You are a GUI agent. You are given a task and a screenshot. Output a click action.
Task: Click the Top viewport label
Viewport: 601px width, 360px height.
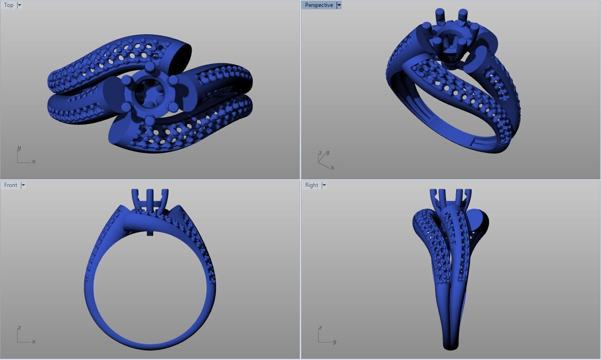tap(9, 5)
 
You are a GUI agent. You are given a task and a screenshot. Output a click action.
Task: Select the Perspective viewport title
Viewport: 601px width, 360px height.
tap(319, 5)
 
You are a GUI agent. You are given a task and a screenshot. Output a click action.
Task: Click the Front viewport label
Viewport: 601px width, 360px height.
tap(11, 185)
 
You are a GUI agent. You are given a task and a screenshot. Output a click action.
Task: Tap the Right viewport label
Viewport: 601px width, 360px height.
tap(312, 185)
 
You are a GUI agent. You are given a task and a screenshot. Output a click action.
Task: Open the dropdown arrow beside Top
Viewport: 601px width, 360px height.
tap(19, 5)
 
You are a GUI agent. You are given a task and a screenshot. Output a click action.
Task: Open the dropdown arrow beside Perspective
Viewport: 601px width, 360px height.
tap(339, 5)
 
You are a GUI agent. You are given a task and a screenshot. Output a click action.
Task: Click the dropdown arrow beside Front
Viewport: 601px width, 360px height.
tap(23, 185)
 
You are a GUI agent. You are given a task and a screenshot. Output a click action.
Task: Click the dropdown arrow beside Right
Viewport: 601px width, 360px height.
tap(324, 185)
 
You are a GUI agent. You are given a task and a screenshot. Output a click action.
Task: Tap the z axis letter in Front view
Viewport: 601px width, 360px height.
tap(19, 328)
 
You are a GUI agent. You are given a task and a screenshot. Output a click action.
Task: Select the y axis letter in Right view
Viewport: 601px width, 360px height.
tap(334, 341)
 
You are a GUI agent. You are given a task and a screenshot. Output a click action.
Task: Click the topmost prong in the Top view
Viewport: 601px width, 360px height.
tap(150, 68)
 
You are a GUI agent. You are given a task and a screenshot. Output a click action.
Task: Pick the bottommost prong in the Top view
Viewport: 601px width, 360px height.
tap(149, 121)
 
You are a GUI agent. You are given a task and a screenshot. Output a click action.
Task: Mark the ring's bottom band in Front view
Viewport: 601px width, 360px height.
tap(150, 345)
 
